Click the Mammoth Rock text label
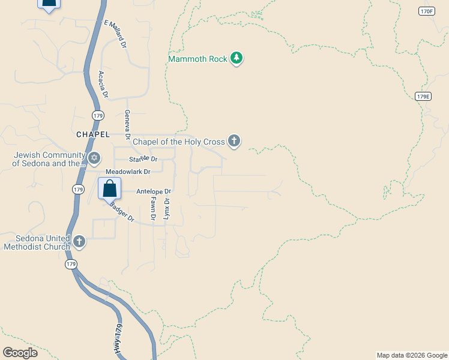(198, 59)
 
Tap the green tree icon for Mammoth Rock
(237, 58)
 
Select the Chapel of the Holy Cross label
(178, 142)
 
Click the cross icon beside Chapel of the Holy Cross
(234, 142)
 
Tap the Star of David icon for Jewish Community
(94, 158)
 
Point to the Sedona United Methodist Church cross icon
(79, 242)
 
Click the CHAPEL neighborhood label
(93, 134)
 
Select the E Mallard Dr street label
(116, 34)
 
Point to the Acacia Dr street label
(102, 84)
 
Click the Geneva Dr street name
(127, 123)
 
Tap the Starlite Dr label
(143, 159)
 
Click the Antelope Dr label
(154, 191)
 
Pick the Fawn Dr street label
(153, 208)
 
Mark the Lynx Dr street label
(167, 209)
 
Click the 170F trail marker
(426, 11)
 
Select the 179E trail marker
(423, 96)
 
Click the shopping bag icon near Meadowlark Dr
(109, 188)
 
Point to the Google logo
(20, 353)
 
